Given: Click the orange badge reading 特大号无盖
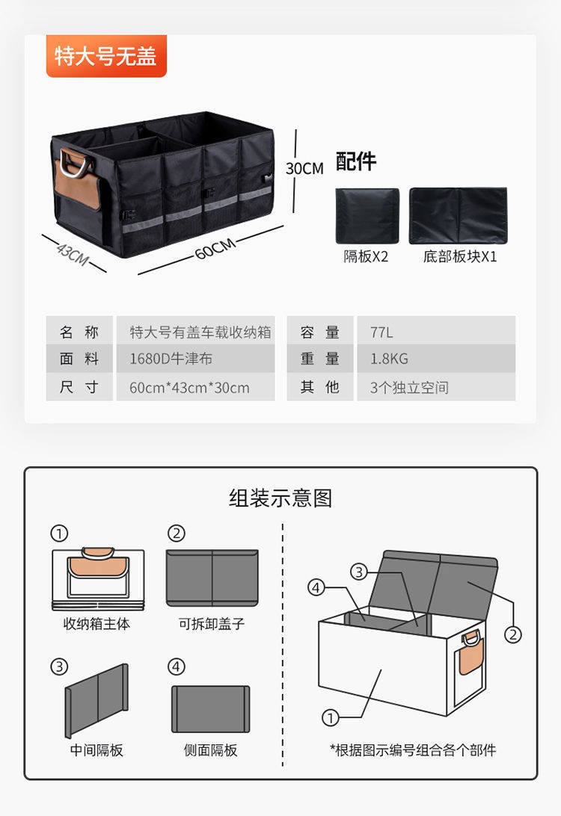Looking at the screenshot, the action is point(105,56).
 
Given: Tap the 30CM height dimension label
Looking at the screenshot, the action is point(304,168).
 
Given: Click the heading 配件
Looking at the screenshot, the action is point(356,161).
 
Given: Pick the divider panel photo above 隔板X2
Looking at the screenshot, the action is point(367,215).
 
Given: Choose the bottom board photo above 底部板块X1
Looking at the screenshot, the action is point(458,215).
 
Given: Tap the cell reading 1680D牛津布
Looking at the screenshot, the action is point(171,359).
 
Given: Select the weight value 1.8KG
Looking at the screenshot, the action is point(389,359).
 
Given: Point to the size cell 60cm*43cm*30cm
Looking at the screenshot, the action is point(189,388).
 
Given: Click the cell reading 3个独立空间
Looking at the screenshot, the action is point(409,388).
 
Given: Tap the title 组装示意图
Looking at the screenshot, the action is point(280,498).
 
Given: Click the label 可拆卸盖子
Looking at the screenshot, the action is point(212,623).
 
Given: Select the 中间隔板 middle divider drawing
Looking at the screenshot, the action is point(96,700).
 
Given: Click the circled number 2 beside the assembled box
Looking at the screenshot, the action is point(512,634).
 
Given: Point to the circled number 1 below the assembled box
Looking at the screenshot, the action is point(330,718).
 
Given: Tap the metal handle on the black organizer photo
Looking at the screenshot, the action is point(74,162).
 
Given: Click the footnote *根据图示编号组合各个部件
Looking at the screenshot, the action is point(413,750).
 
